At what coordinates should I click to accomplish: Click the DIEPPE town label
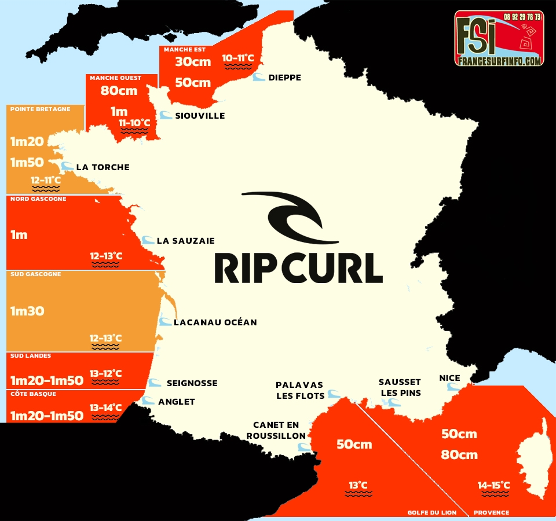pyautogui.click(x=285, y=78)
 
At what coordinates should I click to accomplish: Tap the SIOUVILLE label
pyautogui.click(x=200, y=116)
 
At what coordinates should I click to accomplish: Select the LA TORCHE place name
pyautogui.click(x=103, y=167)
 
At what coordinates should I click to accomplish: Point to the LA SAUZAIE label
pyautogui.click(x=186, y=241)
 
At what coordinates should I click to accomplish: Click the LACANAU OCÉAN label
pyautogui.click(x=215, y=322)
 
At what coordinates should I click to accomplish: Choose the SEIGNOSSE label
pyautogui.click(x=192, y=383)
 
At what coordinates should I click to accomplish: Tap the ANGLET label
pyautogui.click(x=177, y=402)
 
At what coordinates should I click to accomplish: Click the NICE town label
pyautogui.click(x=450, y=379)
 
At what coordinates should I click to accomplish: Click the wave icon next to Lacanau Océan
pyautogui.click(x=166, y=322)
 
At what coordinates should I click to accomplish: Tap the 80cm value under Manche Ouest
pyautogui.click(x=119, y=91)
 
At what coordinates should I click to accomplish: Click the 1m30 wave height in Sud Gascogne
pyautogui.click(x=27, y=311)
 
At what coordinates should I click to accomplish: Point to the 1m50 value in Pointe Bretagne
pyautogui.click(x=27, y=163)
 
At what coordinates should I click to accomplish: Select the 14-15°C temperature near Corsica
pyautogui.click(x=493, y=485)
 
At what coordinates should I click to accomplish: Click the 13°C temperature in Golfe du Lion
pyautogui.click(x=358, y=485)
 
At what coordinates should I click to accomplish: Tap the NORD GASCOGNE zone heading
pyautogui.click(x=38, y=199)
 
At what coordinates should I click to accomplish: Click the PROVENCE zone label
pyautogui.click(x=492, y=512)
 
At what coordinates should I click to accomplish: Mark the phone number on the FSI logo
pyautogui.click(x=521, y=17)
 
